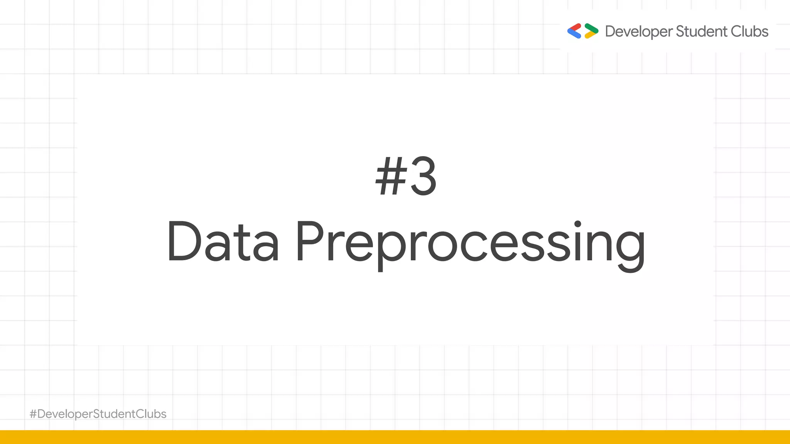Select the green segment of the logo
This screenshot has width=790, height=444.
[591, 28]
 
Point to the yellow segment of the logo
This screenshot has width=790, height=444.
[590, 35]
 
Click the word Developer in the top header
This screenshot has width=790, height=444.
[638, 32]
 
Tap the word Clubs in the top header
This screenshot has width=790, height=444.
[749, 31]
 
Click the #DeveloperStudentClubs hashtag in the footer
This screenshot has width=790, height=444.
[98, 414]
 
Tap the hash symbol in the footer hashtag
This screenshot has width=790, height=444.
[33, 414]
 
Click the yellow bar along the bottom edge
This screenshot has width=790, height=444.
[395, 437]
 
